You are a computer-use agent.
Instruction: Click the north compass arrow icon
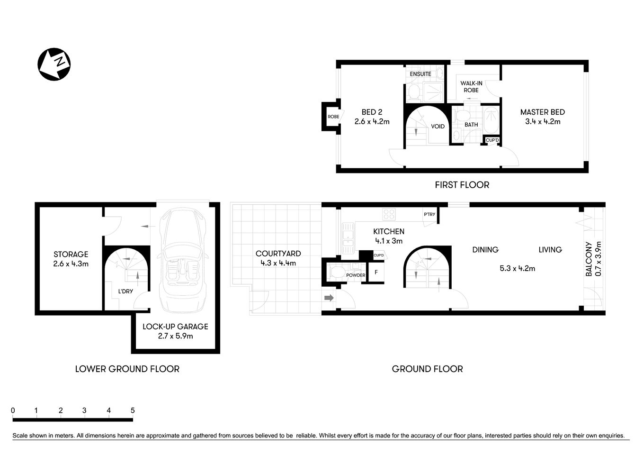pyautogui.click(x=54, y=64)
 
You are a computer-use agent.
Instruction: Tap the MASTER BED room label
pyautogui.click(x=542, y=112)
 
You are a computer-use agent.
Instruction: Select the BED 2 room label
pyautogui.click(x=372, y=112)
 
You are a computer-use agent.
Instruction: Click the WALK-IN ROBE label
pyautogui.click(x=471, y=87)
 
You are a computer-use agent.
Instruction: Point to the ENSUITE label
pyautogui.click(x=420, y=74)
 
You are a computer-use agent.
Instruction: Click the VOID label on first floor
pyautogui.click(x=438, y=127)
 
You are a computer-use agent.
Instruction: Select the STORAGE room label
pyautogui.click(x=71, y=255)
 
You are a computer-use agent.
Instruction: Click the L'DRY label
pyautogui.click(x=125, y=291)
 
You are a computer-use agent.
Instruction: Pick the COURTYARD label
pyautogui.click(x=278, y=254)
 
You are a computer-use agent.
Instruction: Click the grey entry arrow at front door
pyautogui.click(x=329, y=298)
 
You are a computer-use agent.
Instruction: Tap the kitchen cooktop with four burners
pyautogui.click(x=389, y=214)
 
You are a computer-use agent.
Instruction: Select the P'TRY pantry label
pyautogui.click(x=429, y=215)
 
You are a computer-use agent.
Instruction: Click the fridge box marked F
pyautogui.click(x=376, y=273)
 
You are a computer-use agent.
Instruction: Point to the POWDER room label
pyautogui.click(x=356, y=275)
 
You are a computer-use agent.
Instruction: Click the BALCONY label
pyautogui.click(x=589, y=259)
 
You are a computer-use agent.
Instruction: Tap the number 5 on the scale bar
pyautogui.click(x=133, y=410)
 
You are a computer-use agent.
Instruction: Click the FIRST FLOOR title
pyautogui.click(x=462, y=185)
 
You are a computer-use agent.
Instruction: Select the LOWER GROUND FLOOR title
pyautogui.click(x=127, y=369)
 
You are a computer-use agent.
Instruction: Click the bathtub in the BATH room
pyautogui.click(x=491, y=119)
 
